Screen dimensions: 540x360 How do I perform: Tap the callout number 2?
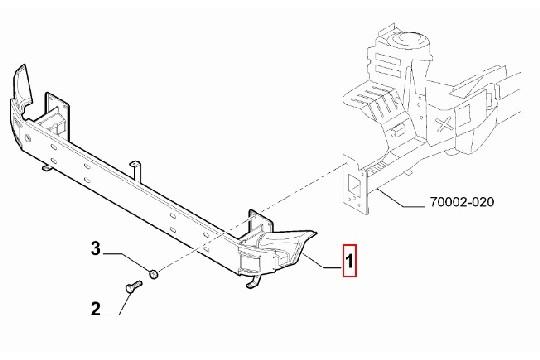tap(95, 309)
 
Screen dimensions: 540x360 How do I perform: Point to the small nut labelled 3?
tap(151, 273)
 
